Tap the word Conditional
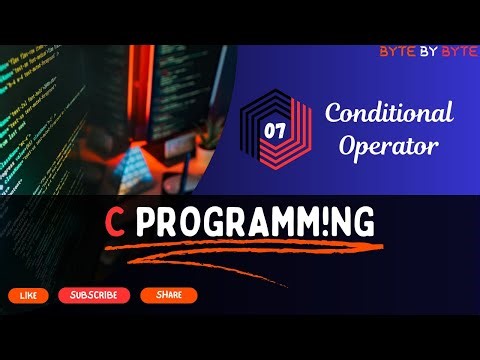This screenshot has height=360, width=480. pyautogui.click(x=389, y=112)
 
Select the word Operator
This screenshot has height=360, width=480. pyautogui.click(x=389, y=146)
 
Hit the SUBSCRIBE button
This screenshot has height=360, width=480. pyautogui.click(x=94, y=296)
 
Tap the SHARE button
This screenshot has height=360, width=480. pyautogui.click(x=168, y=296)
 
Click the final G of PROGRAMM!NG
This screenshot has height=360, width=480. pyautogui.click(x=364, y=223)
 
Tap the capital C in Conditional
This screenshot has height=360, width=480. pyautogui.click(x=334, y=112)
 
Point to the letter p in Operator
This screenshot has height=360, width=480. pyautogui.click(x=368, y=149)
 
